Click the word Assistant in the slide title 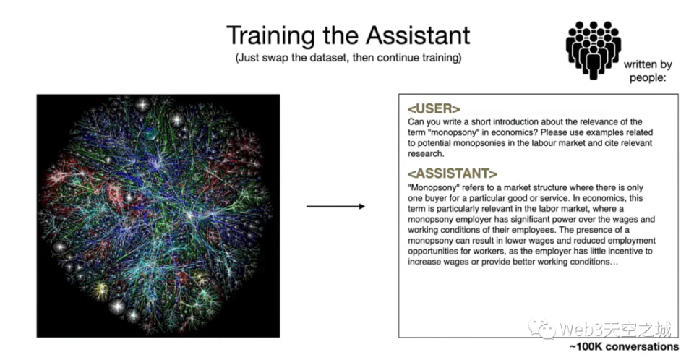tap(418, 35)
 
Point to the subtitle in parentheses tap(348, 58)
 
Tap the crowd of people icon tap(593, 50)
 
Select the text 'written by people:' tap(648, 71)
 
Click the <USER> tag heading tap(434, 108)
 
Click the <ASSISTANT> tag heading tap(453, 173)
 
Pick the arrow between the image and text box tap(335, 206)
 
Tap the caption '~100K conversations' tap(624, 347)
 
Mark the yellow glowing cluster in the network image tap(101, 290)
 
